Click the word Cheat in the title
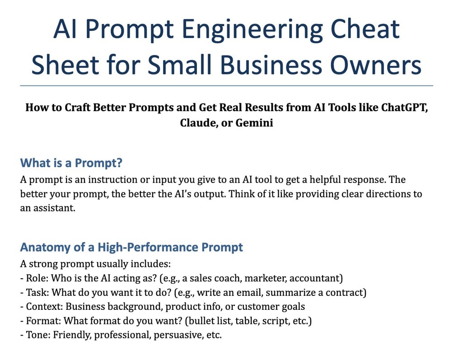[x=365, y=29]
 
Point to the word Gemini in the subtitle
[x=254, y=122]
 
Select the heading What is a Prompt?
[x=71, y=163]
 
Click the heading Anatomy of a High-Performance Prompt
[x=131, y=247]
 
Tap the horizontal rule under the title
[x=227, y=86]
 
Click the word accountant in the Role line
[x=316, y=278]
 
